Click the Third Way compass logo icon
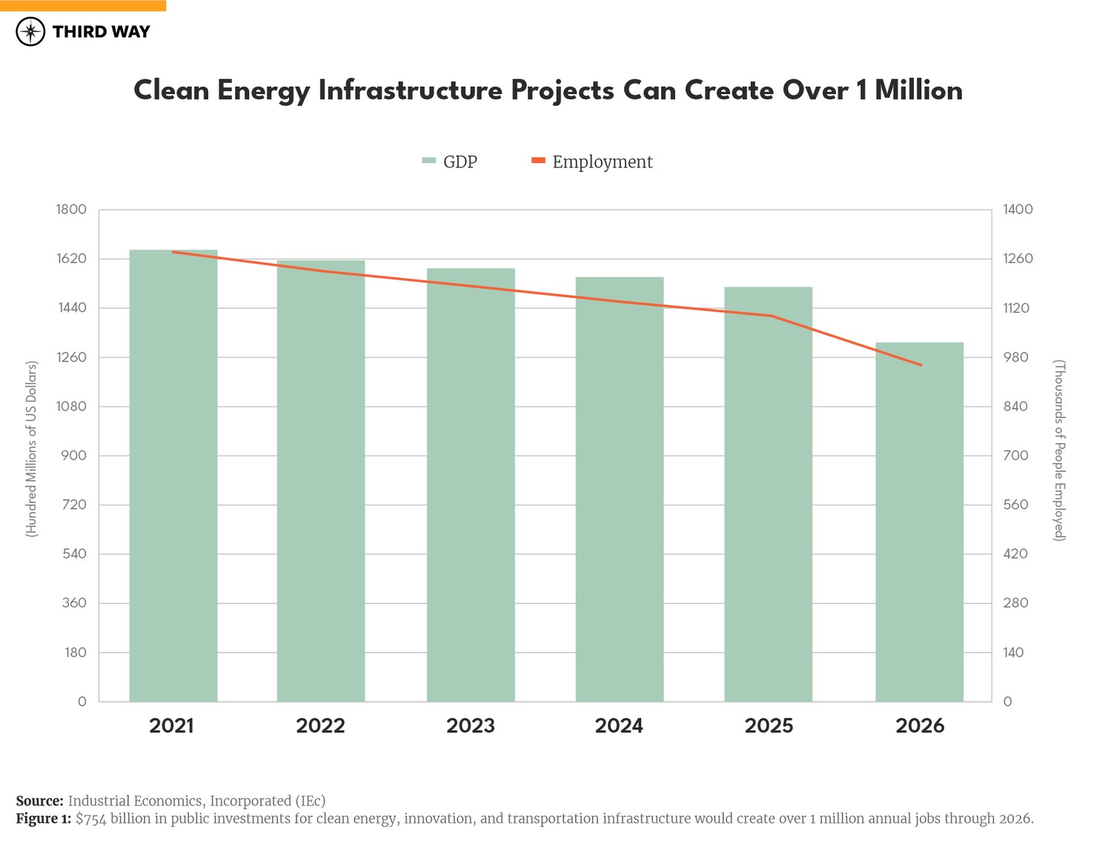click(x=30, y=32)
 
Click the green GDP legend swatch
click(x=428, y=161)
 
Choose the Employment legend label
click(x=602, y=162)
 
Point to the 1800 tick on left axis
click(x=71, y=210)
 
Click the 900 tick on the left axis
click(x=73, y=456)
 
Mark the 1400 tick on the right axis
click(x=1017, y=210)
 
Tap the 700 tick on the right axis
click(x=1015, y=456)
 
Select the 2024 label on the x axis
click(x=619, y=725)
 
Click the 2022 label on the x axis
click(x=320, y=725)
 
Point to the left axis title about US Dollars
click(x=31, y=449)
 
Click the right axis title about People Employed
click(x=1059, y=450)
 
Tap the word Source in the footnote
click(x=39, y=801)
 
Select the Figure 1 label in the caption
click(x=44, y=819)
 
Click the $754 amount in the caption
click(x=92, y=819)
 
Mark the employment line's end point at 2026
click(x=921, y=364)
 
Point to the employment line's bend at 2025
click(x=771, y=316)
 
